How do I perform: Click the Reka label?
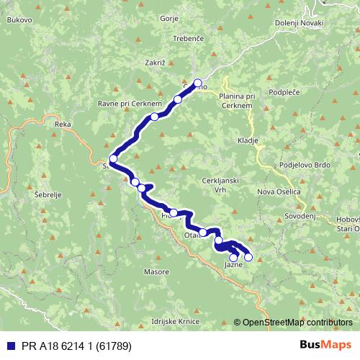point(63,124)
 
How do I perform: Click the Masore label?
point(156,272)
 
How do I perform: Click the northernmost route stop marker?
point(198,83)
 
